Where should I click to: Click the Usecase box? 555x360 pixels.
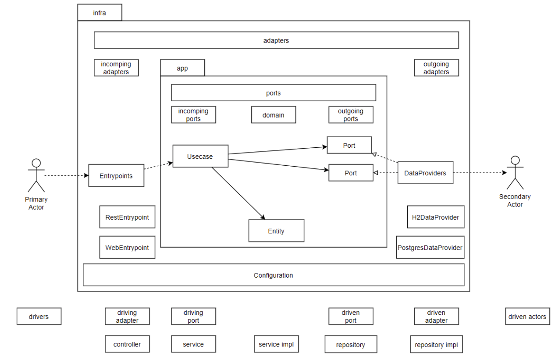(x=200, y=157)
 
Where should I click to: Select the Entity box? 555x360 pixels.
(x=276, y=231)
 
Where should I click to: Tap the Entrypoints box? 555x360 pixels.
(x=116, y=175)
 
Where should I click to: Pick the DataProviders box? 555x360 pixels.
(x=425, y=173)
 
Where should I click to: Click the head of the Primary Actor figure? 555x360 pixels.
(x=36, y=163)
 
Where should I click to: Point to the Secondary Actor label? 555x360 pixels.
(x=515, y=200)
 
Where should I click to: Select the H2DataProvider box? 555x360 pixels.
(x=435, y=217)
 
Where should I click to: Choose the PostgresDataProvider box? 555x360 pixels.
(x=430, y=247)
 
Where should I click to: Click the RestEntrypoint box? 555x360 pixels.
(x=127, y=217)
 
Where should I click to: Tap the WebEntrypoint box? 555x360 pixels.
(x=127, y=247)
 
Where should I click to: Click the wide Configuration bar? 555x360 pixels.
(x=273, y=275)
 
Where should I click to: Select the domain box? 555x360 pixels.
(x=273, y=115)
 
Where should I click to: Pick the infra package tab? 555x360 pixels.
(x=100, y=13)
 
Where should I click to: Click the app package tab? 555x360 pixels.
(x=182, y=68)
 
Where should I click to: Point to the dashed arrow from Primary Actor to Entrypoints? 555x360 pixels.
(x=66, y=175)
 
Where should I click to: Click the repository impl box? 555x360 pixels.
(x=436, y=345)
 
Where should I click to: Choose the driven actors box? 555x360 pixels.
(x=527, y=317)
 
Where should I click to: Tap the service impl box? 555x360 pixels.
(x=276, y=344)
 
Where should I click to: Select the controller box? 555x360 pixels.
(x=127, y=344)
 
